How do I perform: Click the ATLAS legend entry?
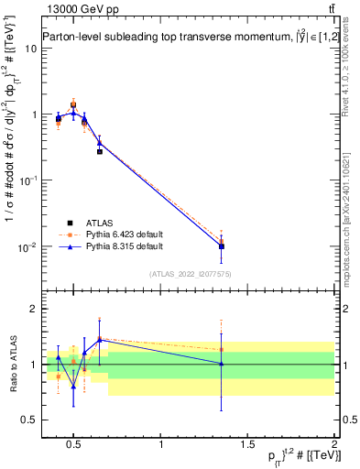pyautogui.click(x=99, y=223)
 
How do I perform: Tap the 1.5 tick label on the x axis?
pyautogui.click(x=248, y=445)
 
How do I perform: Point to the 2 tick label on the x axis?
pyautogui.click(x=334, y=445)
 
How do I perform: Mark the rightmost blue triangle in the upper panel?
pyautogui.click(x=222, y=245)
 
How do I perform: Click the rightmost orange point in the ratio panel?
pyautogui.click(x=222, y=349)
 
